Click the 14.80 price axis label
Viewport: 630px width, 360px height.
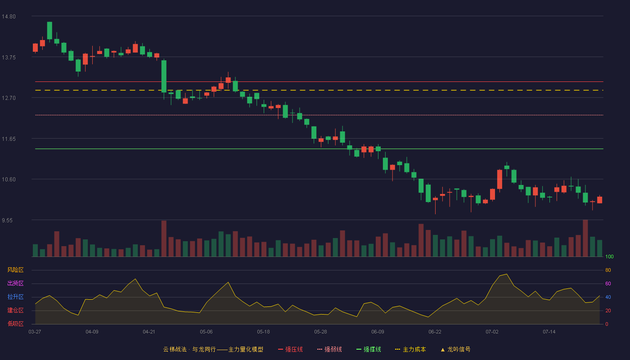[x=9, y=17]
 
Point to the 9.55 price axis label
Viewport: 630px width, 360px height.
[x=7, y=220]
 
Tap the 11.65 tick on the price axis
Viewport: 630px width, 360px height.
[x=9, y=139]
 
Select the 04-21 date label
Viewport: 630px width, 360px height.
[x=149, y=332]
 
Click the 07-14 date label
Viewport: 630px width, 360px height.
[x=549, y=332]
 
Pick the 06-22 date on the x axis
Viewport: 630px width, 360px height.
[x=435, y=332]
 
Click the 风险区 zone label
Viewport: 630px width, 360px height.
[x=15, y=270]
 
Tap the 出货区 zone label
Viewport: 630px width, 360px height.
[x=15, y=283]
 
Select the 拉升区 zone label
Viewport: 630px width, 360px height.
[x=15, y=297]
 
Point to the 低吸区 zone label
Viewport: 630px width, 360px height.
[x=15, y=324]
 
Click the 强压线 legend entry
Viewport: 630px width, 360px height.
[x=290, y=349]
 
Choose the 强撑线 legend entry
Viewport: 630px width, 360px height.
[x=369, y=349]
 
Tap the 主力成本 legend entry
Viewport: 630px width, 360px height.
[x=410, y=349]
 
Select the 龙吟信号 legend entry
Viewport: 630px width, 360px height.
[x=455, y=349]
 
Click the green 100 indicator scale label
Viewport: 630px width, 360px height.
[x=609, y=256]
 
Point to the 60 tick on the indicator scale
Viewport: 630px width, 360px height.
[x=608, y=283]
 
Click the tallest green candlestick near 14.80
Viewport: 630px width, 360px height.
[x=49, y=31]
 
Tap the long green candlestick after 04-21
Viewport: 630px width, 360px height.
[x=164, y=76]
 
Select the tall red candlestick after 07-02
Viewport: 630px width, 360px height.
[x=499, y=180]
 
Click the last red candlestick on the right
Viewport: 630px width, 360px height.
[x=599, y=200]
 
